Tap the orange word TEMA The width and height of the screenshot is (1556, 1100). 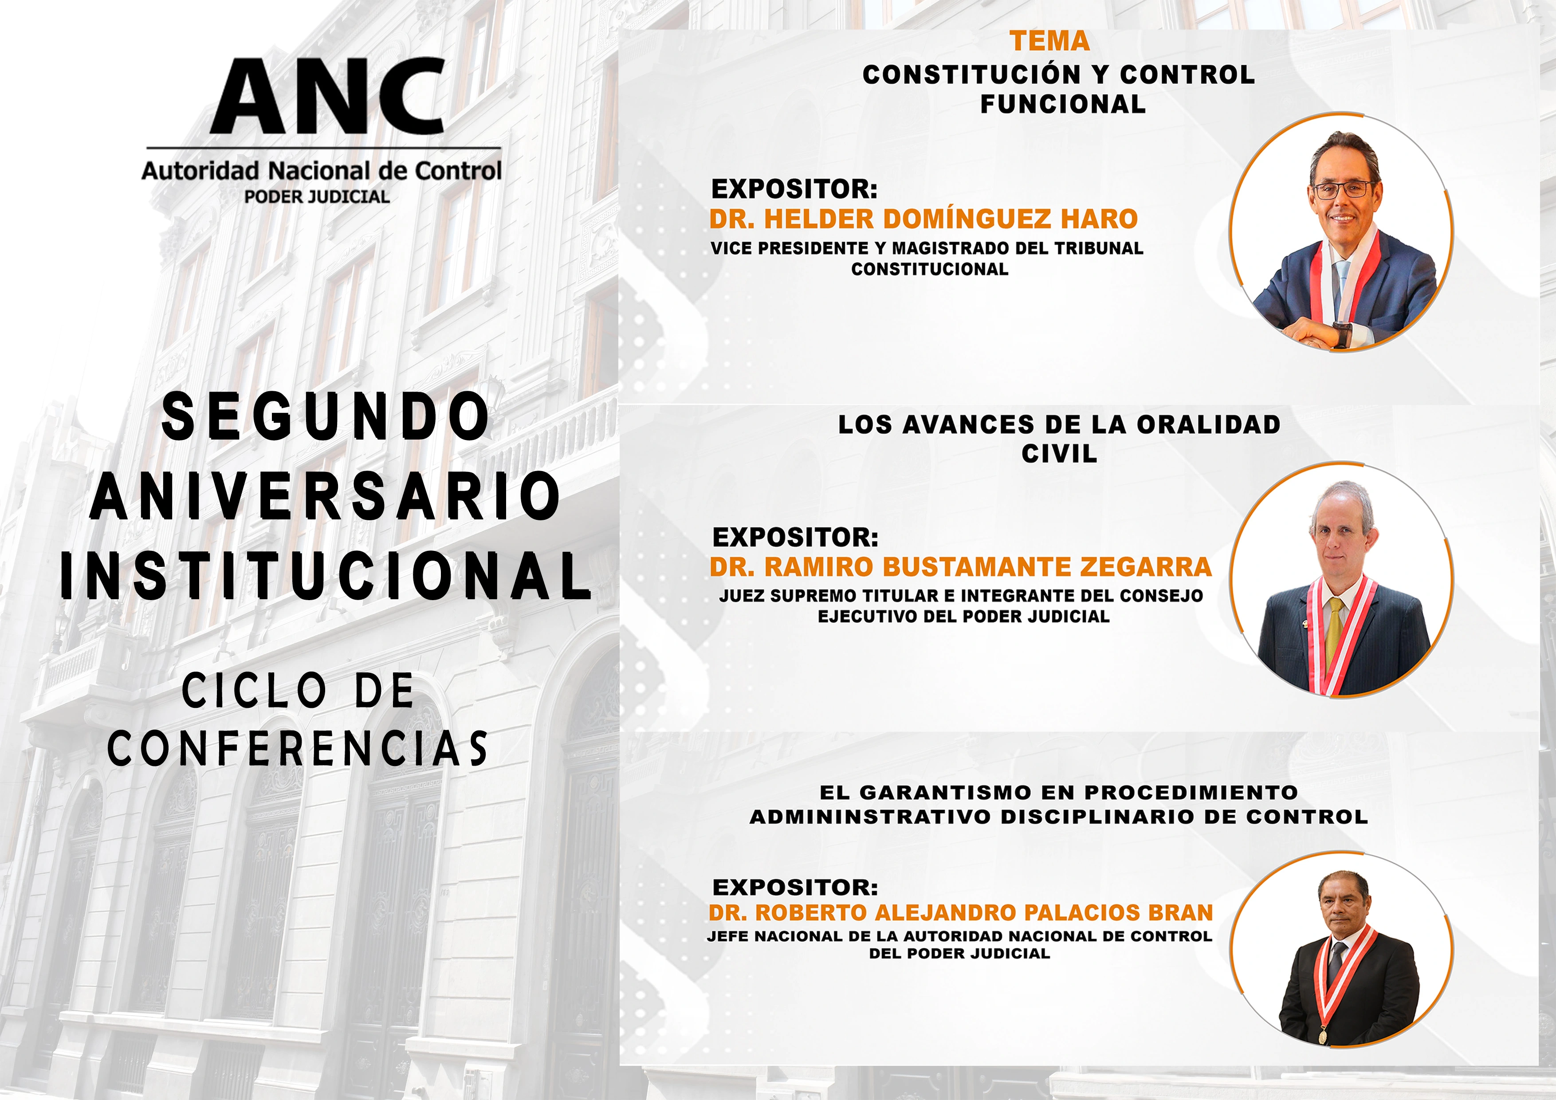pos(1050,41)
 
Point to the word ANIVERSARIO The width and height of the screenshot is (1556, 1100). pos(325,497)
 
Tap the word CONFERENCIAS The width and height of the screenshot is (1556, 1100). pos(298,749)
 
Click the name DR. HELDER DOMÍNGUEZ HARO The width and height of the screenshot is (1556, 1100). pos(923,219)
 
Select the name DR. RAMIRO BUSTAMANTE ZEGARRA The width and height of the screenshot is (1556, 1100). pos(960,566)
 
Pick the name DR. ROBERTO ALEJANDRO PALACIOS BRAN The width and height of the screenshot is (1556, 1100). pos(960,913)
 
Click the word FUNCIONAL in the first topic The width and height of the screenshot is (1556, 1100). pos(1063,104)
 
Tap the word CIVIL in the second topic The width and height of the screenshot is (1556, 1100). pos(1059,453)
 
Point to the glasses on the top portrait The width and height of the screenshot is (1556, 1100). pos(1344,190)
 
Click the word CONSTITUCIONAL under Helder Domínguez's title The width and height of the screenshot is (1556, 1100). pos(930,269)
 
